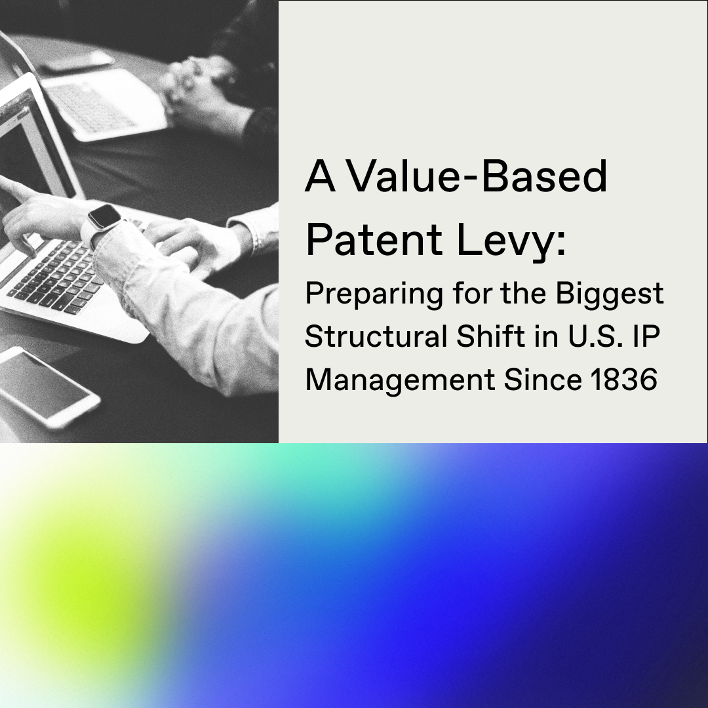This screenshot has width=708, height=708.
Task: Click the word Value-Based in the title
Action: pyautogui.click(x=478, y=176)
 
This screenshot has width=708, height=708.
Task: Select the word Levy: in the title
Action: pyautogui.click(x=511, y=243)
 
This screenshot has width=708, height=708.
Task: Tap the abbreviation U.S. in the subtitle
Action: pyautogui.click(x=596, y=337)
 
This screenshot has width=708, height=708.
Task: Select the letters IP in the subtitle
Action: pyautogui.click(x=647, y=337)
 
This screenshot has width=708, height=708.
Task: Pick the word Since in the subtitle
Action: pyautogui.click(x=543, y=380)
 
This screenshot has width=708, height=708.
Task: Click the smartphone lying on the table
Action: pyautogui.click(x=45, y=386)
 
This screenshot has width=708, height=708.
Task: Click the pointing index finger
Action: pyautogui.click(x=16, y=189)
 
